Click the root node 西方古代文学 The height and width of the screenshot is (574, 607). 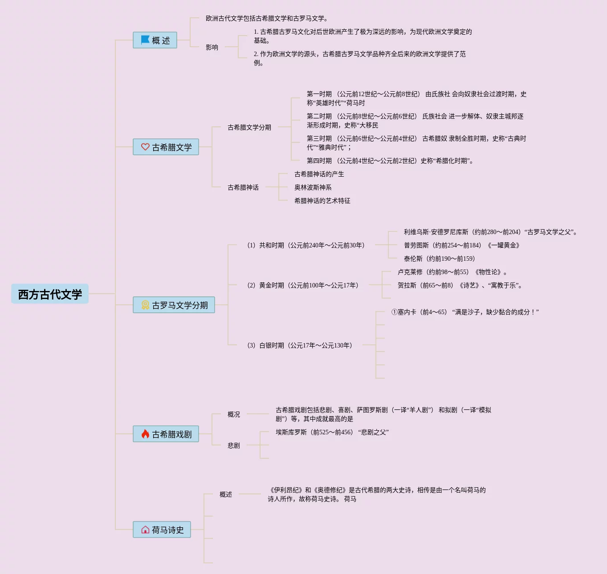click(50, 294)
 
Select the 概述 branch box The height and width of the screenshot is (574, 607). click(155, 40)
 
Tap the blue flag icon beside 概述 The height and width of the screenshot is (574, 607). click(145, 40)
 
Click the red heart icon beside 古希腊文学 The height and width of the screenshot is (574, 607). click(145, 147)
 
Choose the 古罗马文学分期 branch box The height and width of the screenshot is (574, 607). click(174, 305)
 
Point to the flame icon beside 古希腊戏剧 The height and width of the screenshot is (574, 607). click(145, 434)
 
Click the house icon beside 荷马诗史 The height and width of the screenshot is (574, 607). click(145, 530)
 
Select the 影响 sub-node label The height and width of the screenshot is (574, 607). click(212, 47)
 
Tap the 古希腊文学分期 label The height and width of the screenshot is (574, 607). click(249, 127)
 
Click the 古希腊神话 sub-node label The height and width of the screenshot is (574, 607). click(243, 187)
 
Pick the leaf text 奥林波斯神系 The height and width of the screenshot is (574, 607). click(313, 187)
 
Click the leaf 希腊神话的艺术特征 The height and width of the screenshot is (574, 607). click(322, 201)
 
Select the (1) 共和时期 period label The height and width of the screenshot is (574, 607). click(306, 245)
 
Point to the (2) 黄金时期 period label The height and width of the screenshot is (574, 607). click(303, 285)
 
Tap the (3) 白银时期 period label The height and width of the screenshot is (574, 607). click(300, 345)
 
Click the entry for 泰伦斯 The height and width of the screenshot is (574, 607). click(439, 259)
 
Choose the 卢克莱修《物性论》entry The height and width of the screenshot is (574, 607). click(452, 272)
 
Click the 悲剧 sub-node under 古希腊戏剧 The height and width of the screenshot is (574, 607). click(234, 445)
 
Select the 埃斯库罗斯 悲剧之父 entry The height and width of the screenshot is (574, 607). click(332, 432)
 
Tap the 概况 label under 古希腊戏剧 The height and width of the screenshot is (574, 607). click(234, 414)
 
